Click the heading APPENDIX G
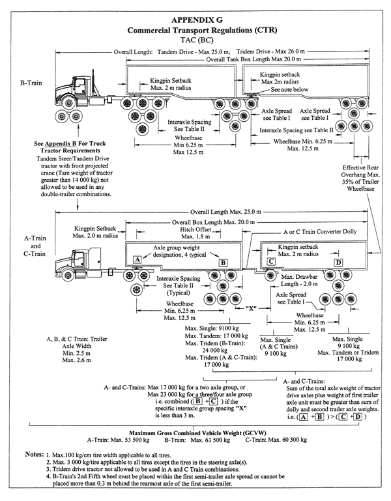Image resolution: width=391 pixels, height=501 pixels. click(x=197, y=20)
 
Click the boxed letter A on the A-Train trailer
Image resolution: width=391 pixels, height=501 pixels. click(x=138, y=259)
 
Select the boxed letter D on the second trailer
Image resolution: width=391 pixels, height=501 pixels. click(x=338, y=263)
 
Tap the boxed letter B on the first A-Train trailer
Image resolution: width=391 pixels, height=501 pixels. click(x=223, y=263)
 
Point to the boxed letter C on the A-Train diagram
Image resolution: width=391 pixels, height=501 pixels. click(x=271, y=262)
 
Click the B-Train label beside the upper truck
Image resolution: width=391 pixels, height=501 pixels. click(x=31, y=83)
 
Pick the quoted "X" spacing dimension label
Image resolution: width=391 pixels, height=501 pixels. click(x=251, y=308)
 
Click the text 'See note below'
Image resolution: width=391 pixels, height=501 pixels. click(x=289, y=90)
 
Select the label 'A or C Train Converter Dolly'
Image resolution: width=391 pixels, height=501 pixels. click(x=320, y=232)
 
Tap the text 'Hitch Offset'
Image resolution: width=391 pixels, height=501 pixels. click(x=195, y=229)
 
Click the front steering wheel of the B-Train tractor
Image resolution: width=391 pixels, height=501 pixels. click(x=68, y=103)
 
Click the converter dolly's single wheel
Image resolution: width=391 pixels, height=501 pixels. click(x=270, y=275)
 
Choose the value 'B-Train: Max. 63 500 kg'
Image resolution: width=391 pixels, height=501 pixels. click(x=197, y=440)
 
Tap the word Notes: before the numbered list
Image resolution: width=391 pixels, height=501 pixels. click(x=34, y=454)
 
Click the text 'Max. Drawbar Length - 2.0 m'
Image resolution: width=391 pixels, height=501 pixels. click(x=299, y=280)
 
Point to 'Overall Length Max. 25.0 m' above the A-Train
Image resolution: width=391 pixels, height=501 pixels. click(x=225, y=212)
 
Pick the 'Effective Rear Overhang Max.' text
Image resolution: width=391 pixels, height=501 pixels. click(x=360, y=171)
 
